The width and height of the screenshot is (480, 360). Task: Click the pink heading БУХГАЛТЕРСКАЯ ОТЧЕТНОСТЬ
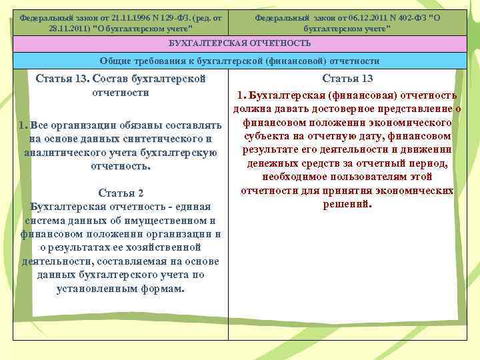240,43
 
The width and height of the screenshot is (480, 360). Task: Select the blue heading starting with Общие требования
240,61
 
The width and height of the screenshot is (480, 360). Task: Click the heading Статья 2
121,193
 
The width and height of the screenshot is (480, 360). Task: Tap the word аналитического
73,152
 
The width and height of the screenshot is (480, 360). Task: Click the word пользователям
363,177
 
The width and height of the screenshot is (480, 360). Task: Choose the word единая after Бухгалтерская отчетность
193,206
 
